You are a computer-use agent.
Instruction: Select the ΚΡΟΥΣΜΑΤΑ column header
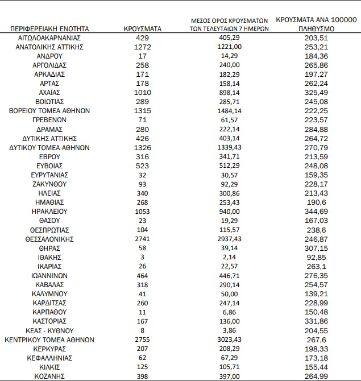click(143, 28)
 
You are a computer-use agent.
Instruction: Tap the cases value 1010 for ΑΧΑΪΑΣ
click(143, 92)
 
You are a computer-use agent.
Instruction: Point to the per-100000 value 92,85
click(317, 257)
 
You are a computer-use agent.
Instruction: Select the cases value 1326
click(143, 147)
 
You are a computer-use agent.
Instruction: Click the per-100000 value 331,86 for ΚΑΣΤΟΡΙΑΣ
click(317, 321)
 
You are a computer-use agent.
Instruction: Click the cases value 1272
click(143, 47)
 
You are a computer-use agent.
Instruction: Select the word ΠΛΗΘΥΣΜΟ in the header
click(317, 28)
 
